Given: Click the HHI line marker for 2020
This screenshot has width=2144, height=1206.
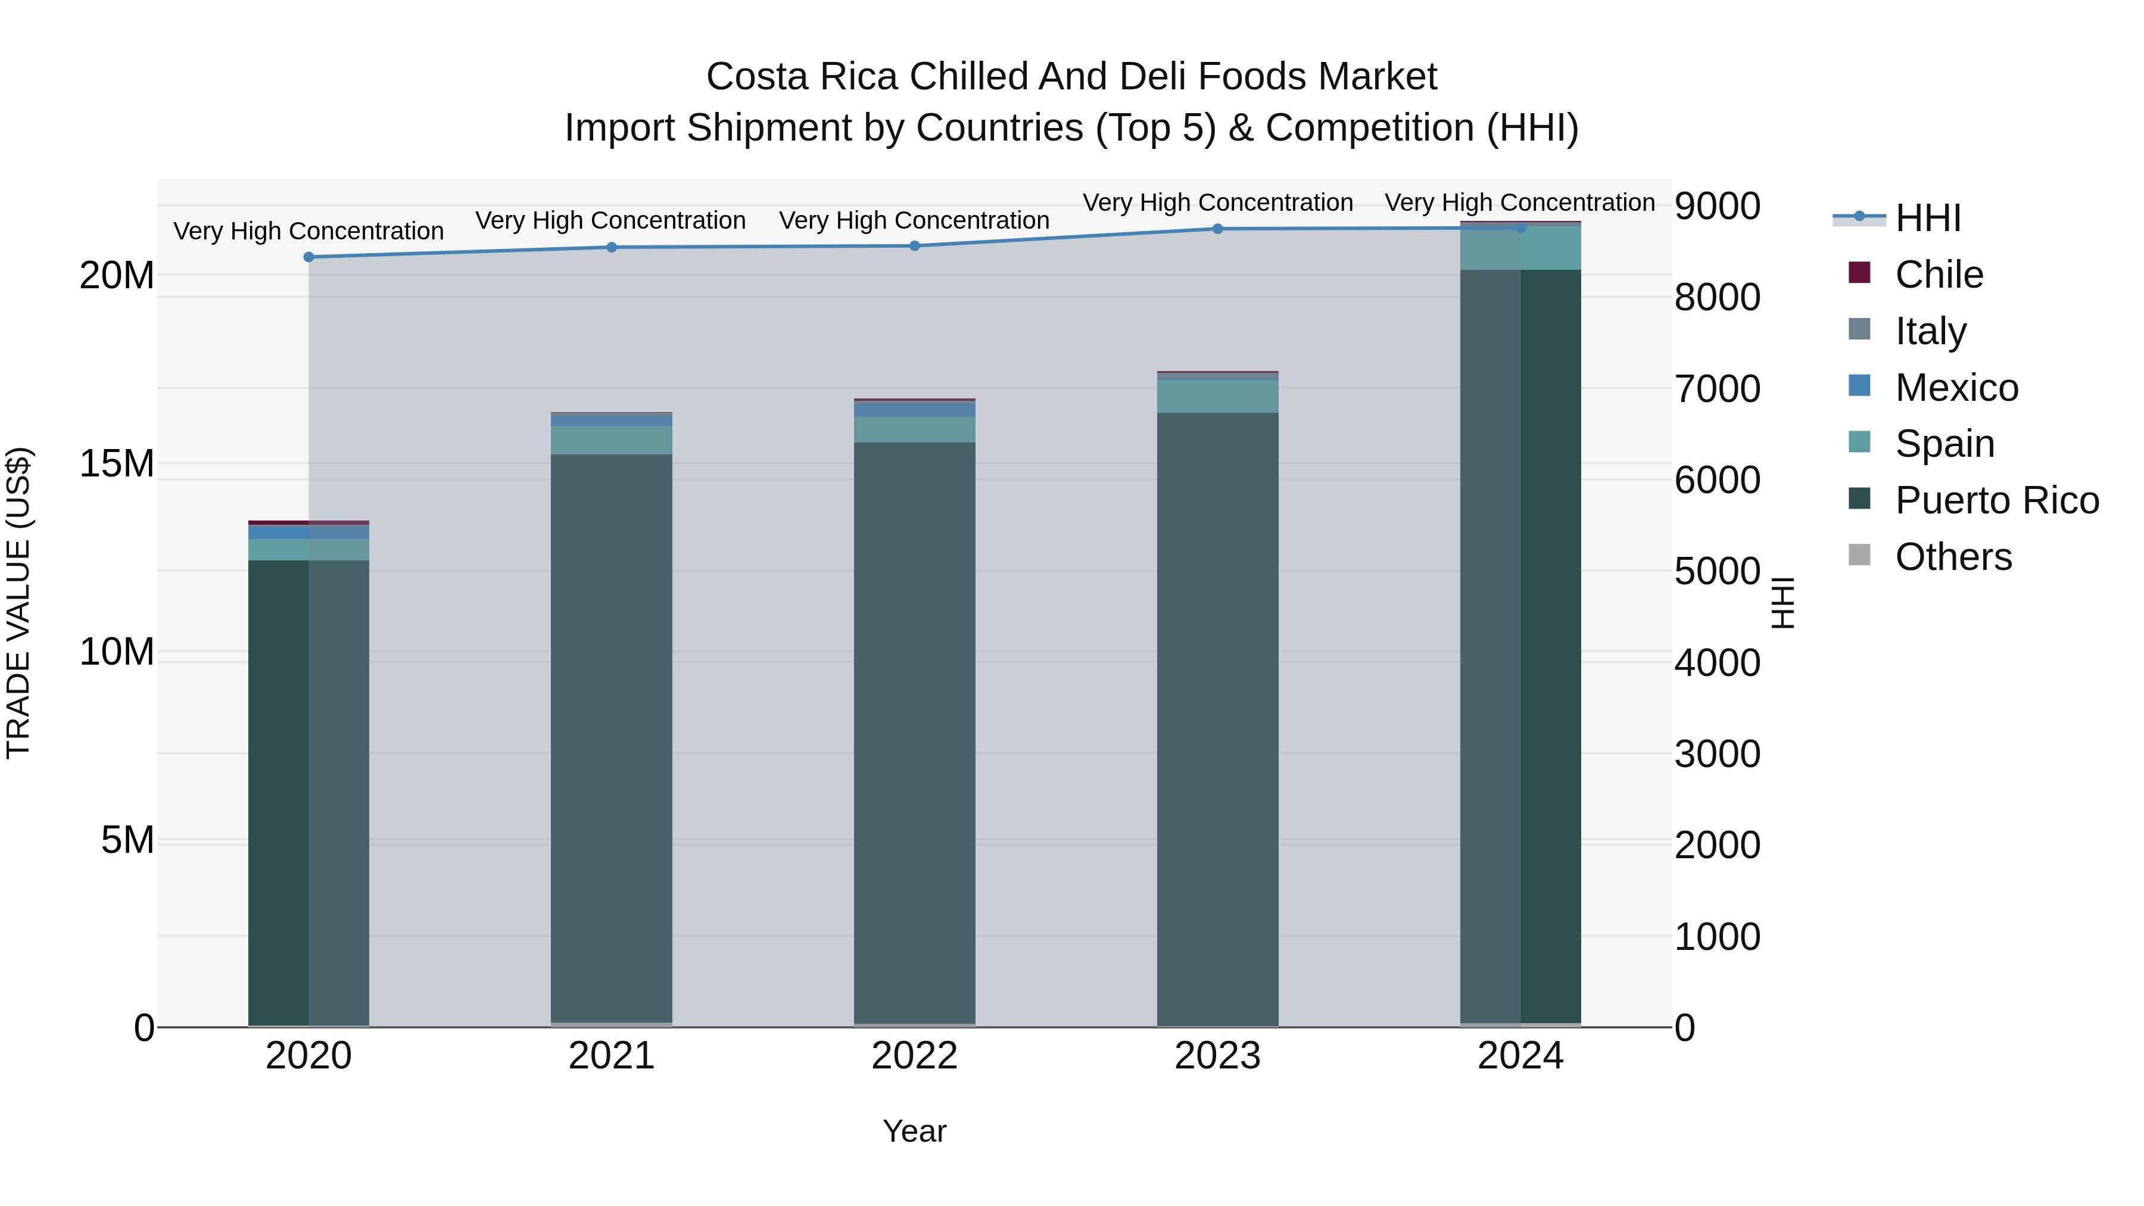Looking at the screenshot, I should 308,257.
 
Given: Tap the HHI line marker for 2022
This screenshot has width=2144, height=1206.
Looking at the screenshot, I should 915,245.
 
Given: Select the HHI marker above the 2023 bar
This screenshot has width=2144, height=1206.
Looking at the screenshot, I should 1218,229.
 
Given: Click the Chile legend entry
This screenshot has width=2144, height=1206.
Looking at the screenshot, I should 1939,275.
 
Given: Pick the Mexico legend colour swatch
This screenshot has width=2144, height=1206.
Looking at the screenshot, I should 1859,386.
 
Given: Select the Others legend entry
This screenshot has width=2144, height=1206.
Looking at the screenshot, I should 1953,557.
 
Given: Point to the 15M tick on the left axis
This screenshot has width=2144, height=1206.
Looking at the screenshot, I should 117,463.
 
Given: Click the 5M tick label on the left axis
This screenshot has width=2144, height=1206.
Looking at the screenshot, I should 127,840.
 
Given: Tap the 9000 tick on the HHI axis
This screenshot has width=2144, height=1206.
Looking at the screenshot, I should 1717,207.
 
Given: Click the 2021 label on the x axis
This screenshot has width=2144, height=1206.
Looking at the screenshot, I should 612,1056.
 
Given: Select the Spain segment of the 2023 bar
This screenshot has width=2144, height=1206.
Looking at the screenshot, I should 1218,396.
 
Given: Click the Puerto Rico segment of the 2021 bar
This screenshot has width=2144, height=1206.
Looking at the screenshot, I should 612,733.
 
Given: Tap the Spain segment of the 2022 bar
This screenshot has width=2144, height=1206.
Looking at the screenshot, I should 915,429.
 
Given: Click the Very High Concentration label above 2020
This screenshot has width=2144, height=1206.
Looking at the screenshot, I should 308,232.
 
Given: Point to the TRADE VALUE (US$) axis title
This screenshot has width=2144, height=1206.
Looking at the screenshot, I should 18,603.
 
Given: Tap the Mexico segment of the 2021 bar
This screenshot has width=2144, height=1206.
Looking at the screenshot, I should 612,420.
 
